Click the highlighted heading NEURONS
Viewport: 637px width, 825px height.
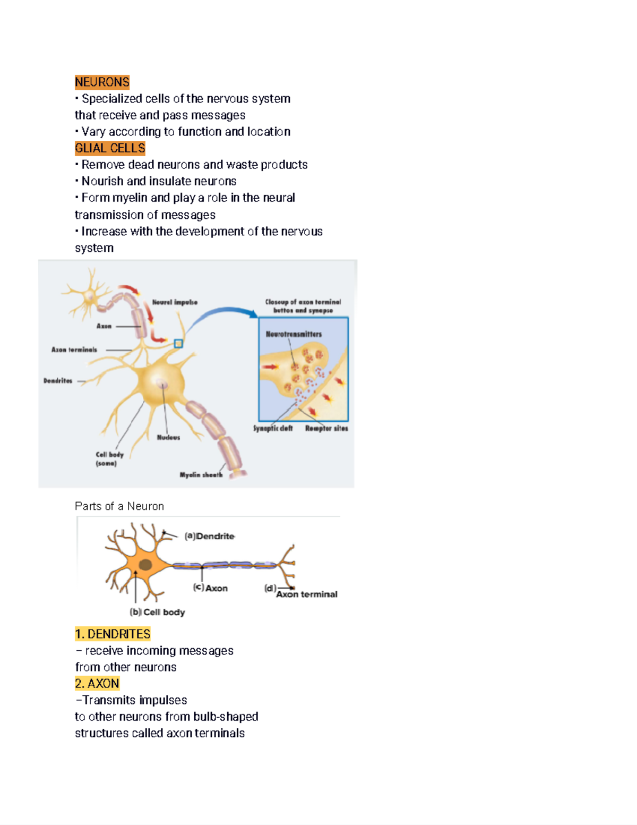tap(102, 82)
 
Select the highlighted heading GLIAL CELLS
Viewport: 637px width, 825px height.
tap(110, 148)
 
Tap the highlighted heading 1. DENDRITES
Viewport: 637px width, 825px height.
tap(113, 634)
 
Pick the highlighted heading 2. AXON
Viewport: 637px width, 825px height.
tap(97, 683)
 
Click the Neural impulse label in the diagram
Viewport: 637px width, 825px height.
tap(175, 302)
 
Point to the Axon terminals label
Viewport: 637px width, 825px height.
tap(74, 350)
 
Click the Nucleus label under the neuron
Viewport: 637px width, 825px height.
tap(168, 437)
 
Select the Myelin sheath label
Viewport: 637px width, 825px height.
tap(201, 474)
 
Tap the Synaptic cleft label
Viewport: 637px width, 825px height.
tap(273, 428)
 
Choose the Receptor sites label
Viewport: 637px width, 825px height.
tap(326, 428)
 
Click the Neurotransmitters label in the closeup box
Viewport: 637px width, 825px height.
tap(294, 334)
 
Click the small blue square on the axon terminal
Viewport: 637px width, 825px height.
tap(178, 344)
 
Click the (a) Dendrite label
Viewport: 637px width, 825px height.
tap(209, 536)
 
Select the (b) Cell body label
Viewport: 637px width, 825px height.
tap(157, 612)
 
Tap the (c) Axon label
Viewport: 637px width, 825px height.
tap(210, 588)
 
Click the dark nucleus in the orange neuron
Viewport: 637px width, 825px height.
tap(145, 565)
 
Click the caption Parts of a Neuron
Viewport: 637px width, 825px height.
tap(119, 506)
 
